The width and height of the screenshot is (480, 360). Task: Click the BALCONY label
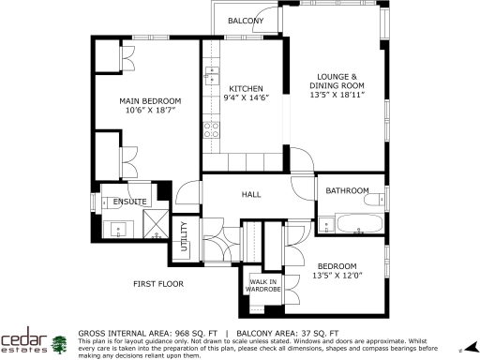coord(246,21)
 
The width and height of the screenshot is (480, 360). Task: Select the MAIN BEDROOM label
coord(149,100)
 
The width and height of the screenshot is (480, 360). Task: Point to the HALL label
coord(251,195)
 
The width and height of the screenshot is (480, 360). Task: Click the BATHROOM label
coord(347,191)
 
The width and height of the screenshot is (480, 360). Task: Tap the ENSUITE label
coord(129,202)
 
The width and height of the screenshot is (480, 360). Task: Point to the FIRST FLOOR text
coord(157,283)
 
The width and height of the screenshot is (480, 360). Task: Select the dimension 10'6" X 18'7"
coord(149,111)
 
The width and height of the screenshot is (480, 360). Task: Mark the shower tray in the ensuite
coord(153,224)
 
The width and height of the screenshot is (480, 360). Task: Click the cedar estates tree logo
coord(59,344)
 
